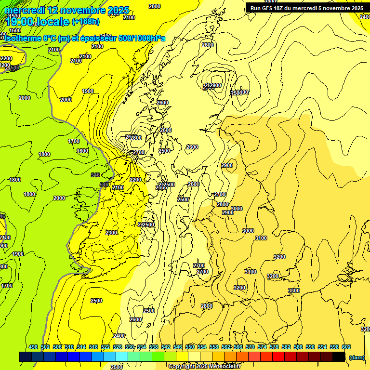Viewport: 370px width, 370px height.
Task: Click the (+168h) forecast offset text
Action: pyautogui.click(x=86, y=21)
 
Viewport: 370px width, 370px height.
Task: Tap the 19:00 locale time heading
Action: pyautogui.click(x=38, y=21)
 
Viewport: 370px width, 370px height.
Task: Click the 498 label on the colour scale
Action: pyautogui.click(x=33, y=347)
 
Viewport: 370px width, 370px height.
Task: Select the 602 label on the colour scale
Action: pyautogui.click(x=346, y=347)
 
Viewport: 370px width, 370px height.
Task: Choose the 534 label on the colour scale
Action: pyautogui.click(x=142, y=347)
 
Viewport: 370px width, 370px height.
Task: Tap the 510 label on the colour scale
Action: pyautogui.click(x=69, y=347)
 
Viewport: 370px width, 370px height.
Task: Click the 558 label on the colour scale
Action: pyautogui.click(x=214, y=347)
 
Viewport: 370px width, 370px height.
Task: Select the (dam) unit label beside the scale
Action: pyautogui.click(x=357, y=357)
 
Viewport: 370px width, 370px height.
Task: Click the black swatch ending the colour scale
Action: pyautogui.click(x=339, y=357)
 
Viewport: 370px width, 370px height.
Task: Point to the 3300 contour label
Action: pyautogui.click(x=294, y=291)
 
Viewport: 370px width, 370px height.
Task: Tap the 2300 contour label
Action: pyautogui.click(x=111, y=233)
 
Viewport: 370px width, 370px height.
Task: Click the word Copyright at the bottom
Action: pyautogui.click(x=182, y=367)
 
